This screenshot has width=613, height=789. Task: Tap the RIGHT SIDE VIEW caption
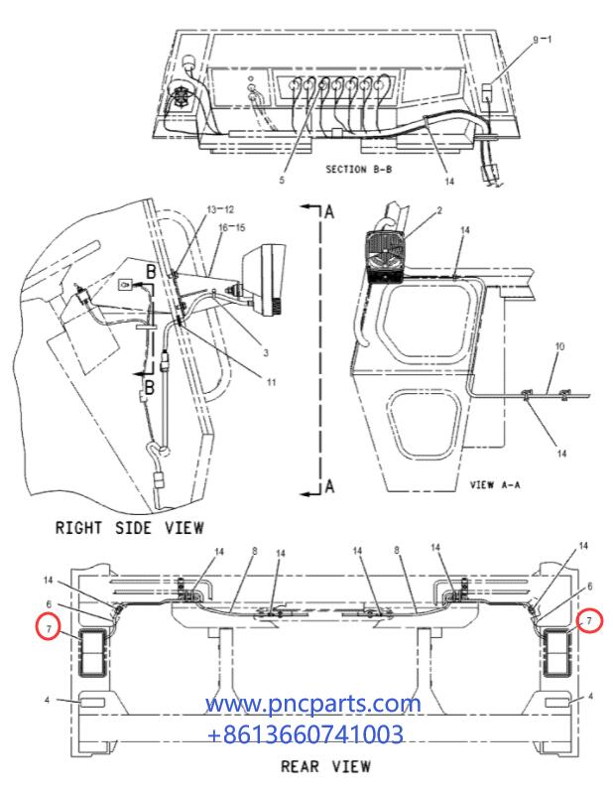[129, 527]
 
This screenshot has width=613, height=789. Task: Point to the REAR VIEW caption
[325, 766]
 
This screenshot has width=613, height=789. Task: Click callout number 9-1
[546, 40]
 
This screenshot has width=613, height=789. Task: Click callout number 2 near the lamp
[440, 210]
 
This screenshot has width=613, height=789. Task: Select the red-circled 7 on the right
[588, 621]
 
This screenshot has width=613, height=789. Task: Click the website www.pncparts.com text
[313, 705]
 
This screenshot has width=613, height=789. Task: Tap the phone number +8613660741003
[305, 734]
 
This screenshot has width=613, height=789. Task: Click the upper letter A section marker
[330, 211]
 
